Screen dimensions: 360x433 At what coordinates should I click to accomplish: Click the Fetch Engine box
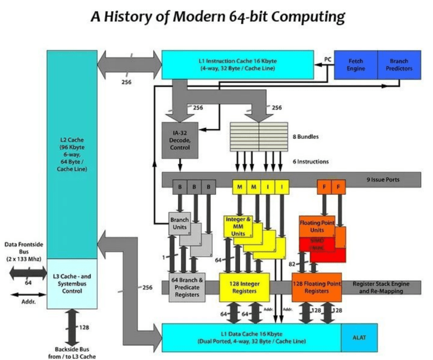(x=356, y=65)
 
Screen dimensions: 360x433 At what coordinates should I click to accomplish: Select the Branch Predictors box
(x=398, y=65)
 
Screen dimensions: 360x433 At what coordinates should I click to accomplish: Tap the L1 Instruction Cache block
(x=237, y=64)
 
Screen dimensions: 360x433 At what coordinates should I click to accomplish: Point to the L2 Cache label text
(x=72, y=154)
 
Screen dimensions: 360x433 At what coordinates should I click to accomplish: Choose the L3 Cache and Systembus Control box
(x=72, y=282)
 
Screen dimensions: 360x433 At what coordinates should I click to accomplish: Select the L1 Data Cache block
(x=251, y=338)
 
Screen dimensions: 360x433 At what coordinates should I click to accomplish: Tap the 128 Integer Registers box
(x=245, y=287)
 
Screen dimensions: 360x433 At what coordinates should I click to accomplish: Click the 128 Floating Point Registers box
(x=317, y=287)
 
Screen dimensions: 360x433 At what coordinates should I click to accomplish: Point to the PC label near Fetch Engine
(x=328, y=59)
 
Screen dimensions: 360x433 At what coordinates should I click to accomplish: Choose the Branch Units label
(x=180, y=223)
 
